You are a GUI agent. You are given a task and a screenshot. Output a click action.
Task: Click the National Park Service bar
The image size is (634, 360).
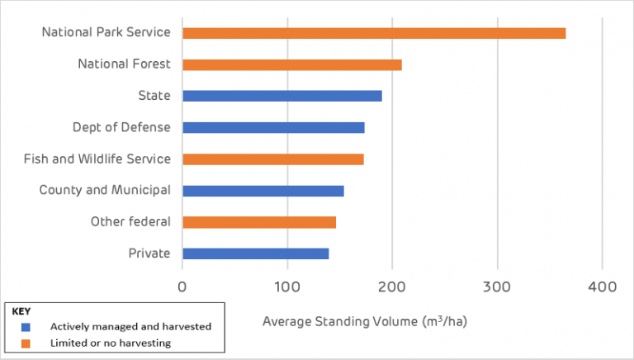(x=374, y=33)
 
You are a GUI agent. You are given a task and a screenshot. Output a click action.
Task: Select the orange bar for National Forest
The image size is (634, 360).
(x=292, y=64)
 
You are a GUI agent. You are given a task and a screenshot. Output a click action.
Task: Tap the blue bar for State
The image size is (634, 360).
(x=282, y=96)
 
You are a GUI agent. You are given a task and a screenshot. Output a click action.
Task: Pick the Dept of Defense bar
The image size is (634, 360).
(x=273, y=127)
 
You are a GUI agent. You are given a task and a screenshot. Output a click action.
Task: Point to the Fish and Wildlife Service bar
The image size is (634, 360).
(x=273, y=159)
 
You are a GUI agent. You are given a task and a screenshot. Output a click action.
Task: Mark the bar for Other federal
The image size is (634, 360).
(x=259, y=222)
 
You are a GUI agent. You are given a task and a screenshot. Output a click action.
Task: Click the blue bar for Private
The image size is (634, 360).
(x=256, y=253)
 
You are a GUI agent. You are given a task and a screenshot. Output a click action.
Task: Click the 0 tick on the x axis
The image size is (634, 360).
(x=182, y=287)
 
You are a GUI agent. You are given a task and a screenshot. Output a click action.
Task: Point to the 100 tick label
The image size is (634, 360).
(x=287, y=287)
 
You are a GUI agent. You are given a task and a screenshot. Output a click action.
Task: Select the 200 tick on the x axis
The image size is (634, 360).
(x=392, y=287)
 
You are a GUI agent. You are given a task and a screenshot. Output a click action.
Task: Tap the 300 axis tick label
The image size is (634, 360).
(x=497, y=287)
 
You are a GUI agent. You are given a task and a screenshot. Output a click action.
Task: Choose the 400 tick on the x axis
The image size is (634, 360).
(x=602, y=287)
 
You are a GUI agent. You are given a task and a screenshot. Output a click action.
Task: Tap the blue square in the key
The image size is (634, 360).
(x=26, y=326)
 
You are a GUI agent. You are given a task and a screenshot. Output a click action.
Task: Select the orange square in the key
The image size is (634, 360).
(x=26, y=342)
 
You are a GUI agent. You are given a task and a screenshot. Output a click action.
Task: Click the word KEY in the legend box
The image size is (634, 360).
(x=21, y=312)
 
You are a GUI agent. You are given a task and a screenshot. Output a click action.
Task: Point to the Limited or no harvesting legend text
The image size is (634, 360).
(x=110, y=342)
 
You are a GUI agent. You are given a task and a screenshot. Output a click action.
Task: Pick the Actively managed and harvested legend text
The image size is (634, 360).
(x=130, y=326)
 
